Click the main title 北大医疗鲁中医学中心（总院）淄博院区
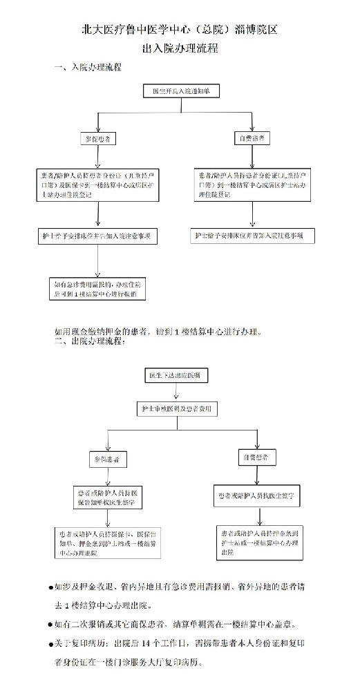click(180, 30)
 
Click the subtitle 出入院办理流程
click(180, 49)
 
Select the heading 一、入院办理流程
click(88, 68)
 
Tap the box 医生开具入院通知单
click(181, 91)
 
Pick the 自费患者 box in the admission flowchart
click(250, 138)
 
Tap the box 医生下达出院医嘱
click(176, 375)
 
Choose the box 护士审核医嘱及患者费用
click(176, 409)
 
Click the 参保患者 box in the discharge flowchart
click(106, 459)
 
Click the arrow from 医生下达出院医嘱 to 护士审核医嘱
click(176, 392)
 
